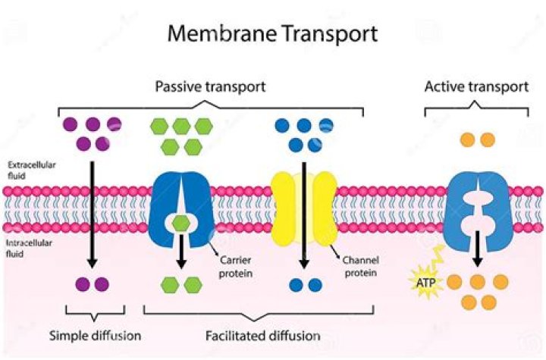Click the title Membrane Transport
273,33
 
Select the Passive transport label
210,86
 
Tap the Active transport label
475,86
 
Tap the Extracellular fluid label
29,169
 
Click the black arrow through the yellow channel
304,212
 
